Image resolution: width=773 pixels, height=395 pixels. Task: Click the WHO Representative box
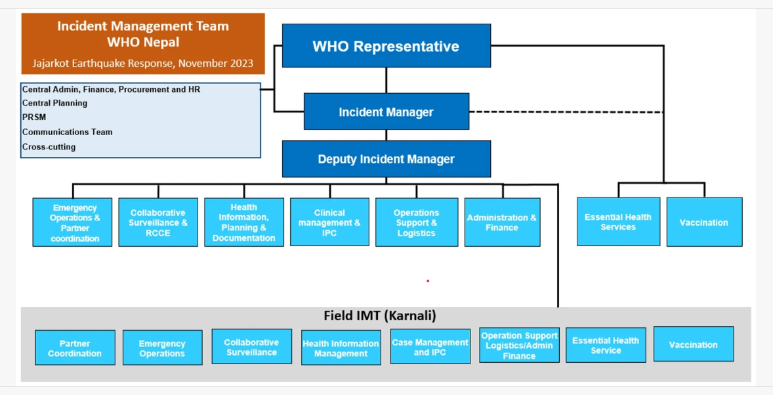386,45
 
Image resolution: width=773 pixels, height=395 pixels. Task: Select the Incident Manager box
386,112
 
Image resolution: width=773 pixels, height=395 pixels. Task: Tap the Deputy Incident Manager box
386,159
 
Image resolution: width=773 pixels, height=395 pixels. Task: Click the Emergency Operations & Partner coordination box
72,222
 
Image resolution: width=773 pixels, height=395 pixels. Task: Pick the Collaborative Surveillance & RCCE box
158,222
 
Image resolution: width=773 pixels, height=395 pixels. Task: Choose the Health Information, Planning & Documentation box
244,222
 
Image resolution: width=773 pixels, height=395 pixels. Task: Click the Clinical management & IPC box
330,222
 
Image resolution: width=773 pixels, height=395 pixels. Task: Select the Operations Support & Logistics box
417,222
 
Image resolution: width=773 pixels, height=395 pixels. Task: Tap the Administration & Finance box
503,222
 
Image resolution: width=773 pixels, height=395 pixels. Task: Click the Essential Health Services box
619,222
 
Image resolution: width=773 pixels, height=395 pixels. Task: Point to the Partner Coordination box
75,348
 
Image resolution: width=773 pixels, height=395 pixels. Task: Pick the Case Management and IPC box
430,346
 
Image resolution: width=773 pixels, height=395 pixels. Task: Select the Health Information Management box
341,348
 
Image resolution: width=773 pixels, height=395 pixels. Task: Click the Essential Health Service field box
606,345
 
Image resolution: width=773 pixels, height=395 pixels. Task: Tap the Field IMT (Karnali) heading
379,316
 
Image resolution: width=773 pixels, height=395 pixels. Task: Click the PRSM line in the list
34,117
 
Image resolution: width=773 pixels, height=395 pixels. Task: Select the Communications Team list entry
68,132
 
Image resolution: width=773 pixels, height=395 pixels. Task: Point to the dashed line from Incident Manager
566,112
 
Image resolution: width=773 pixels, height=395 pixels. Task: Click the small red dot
428,281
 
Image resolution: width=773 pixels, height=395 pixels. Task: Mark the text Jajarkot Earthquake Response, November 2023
143,63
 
